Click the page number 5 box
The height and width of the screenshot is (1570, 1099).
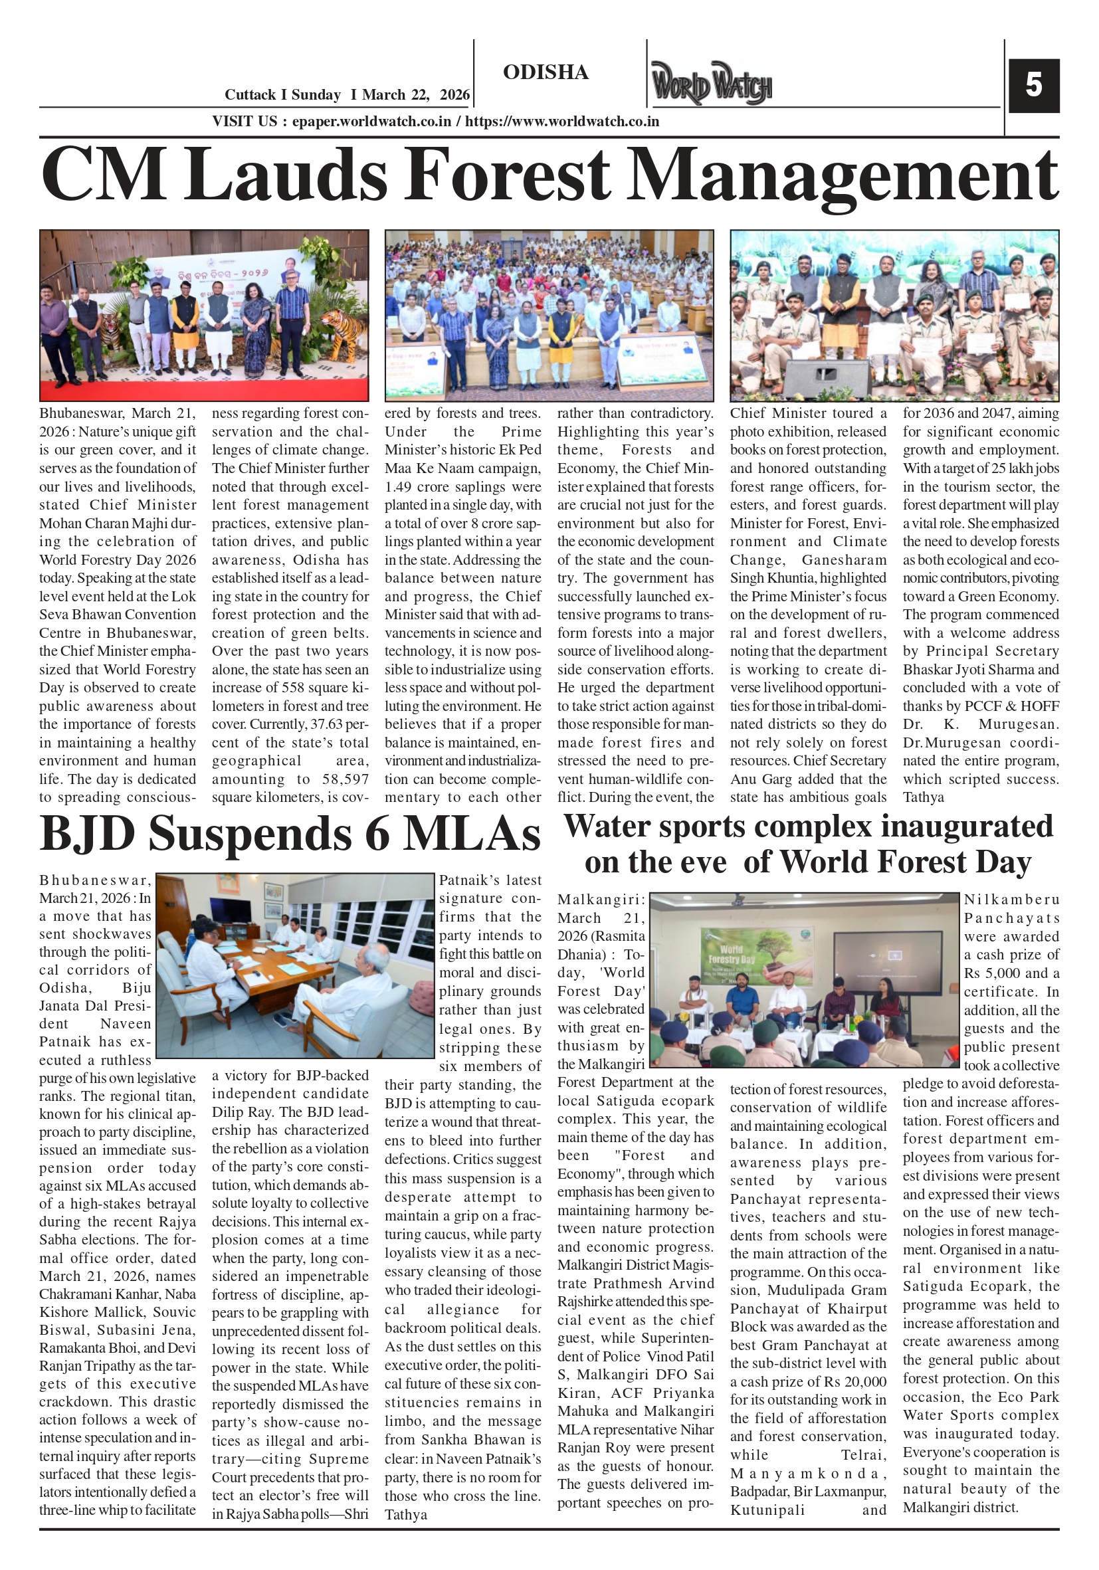pos(1033,86)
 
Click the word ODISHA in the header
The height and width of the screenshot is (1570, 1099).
pos(545,72)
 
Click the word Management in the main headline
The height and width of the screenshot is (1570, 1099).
pos(843,175)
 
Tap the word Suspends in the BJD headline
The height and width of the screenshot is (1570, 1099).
pos(250,834)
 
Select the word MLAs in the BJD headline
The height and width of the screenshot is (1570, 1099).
pos(471,834)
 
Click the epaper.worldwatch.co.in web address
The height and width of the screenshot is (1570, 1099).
pos(371,122)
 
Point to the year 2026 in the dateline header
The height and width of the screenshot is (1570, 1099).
pos(454,95)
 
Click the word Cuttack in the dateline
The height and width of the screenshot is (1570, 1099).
pos(250,95)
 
